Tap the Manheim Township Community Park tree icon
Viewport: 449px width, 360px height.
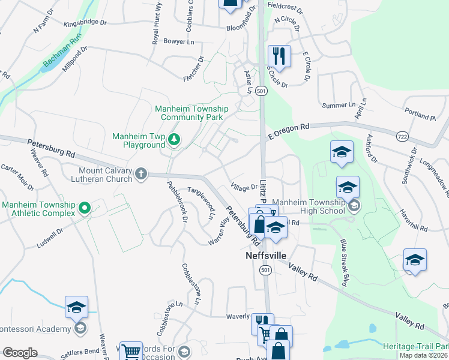(174, 140)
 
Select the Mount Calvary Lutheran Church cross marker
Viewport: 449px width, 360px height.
(141, 174)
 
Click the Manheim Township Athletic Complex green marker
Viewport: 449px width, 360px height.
(85, 208)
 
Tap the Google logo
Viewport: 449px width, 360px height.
(19, 353)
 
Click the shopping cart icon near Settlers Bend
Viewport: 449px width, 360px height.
(130, 351)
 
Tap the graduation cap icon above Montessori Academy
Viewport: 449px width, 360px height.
(76, 307)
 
